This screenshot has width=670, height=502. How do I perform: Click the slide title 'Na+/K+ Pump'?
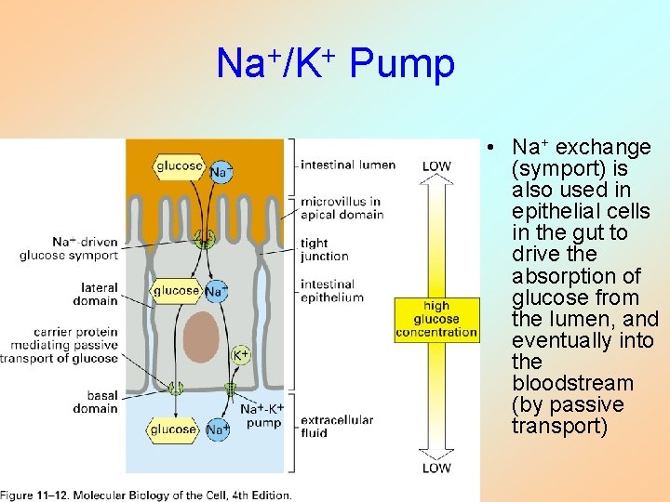click(x=335, y=64)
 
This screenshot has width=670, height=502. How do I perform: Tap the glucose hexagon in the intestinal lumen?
click(x=180, y=166)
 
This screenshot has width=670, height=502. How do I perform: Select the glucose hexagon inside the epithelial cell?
click(x=177, y=291)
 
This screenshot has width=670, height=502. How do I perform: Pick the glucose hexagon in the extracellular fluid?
click(x=174, y=429)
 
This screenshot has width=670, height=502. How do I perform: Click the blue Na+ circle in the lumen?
click(x=221, y=171)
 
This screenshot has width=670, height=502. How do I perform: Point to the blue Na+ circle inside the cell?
click(x=216, y=292)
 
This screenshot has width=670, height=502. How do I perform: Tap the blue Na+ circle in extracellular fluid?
click(x=217, y=429)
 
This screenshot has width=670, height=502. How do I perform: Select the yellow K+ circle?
click(x=240, y=354)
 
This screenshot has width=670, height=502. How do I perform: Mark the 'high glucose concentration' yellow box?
click(x=436, y=319)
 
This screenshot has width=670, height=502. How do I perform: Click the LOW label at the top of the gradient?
click(x=436, y=166)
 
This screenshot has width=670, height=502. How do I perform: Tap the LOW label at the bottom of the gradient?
click(x=436, y=468)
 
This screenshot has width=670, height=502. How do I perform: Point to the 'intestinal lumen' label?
click(x=347, y=165)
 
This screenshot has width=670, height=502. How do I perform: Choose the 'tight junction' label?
click(x=325, y=249)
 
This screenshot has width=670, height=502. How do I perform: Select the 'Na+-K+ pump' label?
click(x=262, y=416)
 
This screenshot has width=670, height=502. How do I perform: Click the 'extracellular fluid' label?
click(x=336, y=426)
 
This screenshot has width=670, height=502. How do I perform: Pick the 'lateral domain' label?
click(x=95, y=294)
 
